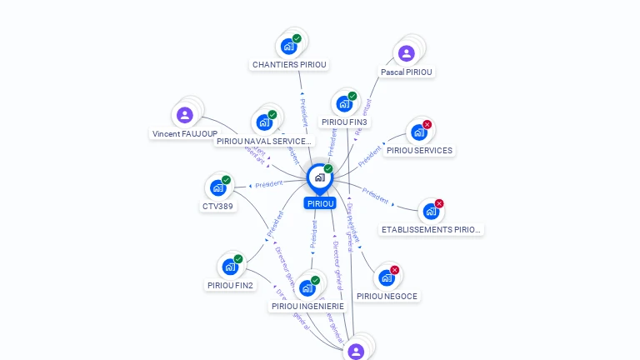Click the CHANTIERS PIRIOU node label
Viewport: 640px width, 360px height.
pos(289,64)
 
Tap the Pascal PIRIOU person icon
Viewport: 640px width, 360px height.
pos(406,53)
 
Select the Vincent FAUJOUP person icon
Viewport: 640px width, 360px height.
pos(185,115)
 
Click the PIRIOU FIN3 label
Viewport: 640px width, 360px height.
pos(344,122)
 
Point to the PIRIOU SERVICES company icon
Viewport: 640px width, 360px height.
pos(418,132)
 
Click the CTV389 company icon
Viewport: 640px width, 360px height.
pos(217,187)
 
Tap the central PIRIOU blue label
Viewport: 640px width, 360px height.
pos(320,203)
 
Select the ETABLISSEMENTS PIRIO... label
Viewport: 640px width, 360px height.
pos(431,229)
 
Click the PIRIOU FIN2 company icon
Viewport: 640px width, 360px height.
pos(230,267)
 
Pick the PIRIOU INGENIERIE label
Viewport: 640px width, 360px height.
pos(307,306)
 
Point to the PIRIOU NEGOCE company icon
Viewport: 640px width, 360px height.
pos(386,277)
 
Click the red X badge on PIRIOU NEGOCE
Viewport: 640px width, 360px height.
pos(395,270)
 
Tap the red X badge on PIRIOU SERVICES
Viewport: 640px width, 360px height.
pos(427,125)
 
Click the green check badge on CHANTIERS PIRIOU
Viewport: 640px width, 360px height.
pos(297,38)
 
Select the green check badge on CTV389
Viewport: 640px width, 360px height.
pos(226,180)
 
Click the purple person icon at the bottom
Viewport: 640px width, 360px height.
pos(356,351)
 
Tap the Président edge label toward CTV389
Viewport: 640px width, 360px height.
pos(269,184)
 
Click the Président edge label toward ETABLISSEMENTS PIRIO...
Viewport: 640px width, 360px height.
pos(376,197)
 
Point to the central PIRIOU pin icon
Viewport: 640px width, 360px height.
pos(319,177)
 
